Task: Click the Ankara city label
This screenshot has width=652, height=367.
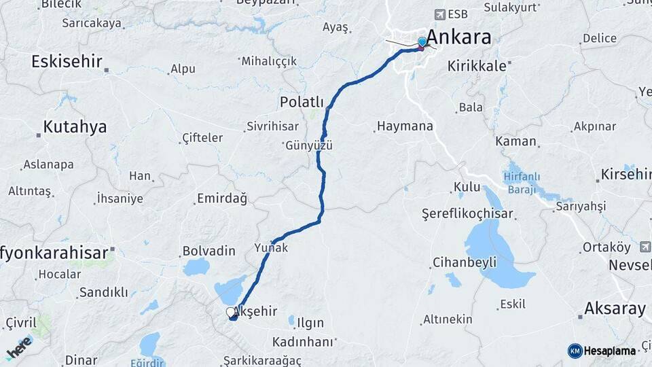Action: (460, 37)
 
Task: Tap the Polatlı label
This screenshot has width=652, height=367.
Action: (302, 102)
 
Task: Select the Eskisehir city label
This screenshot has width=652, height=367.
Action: (67, 61)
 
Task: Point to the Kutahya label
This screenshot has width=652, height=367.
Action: (75, 126)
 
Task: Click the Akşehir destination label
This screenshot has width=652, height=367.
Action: (255, 311)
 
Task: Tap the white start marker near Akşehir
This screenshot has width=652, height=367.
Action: (230, 312)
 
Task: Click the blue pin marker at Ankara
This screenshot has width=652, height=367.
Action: (422, 42)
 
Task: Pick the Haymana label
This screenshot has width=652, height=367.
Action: (405, 126)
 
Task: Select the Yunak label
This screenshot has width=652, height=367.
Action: (271, 248)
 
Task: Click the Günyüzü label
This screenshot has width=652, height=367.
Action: (309, 145)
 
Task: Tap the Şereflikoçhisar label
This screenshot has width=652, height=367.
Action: (468, 214)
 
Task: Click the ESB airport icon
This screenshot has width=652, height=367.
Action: (441, 14)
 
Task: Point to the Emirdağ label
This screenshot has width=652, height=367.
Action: (221, 198)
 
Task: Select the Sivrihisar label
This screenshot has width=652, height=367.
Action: (273, 127)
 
